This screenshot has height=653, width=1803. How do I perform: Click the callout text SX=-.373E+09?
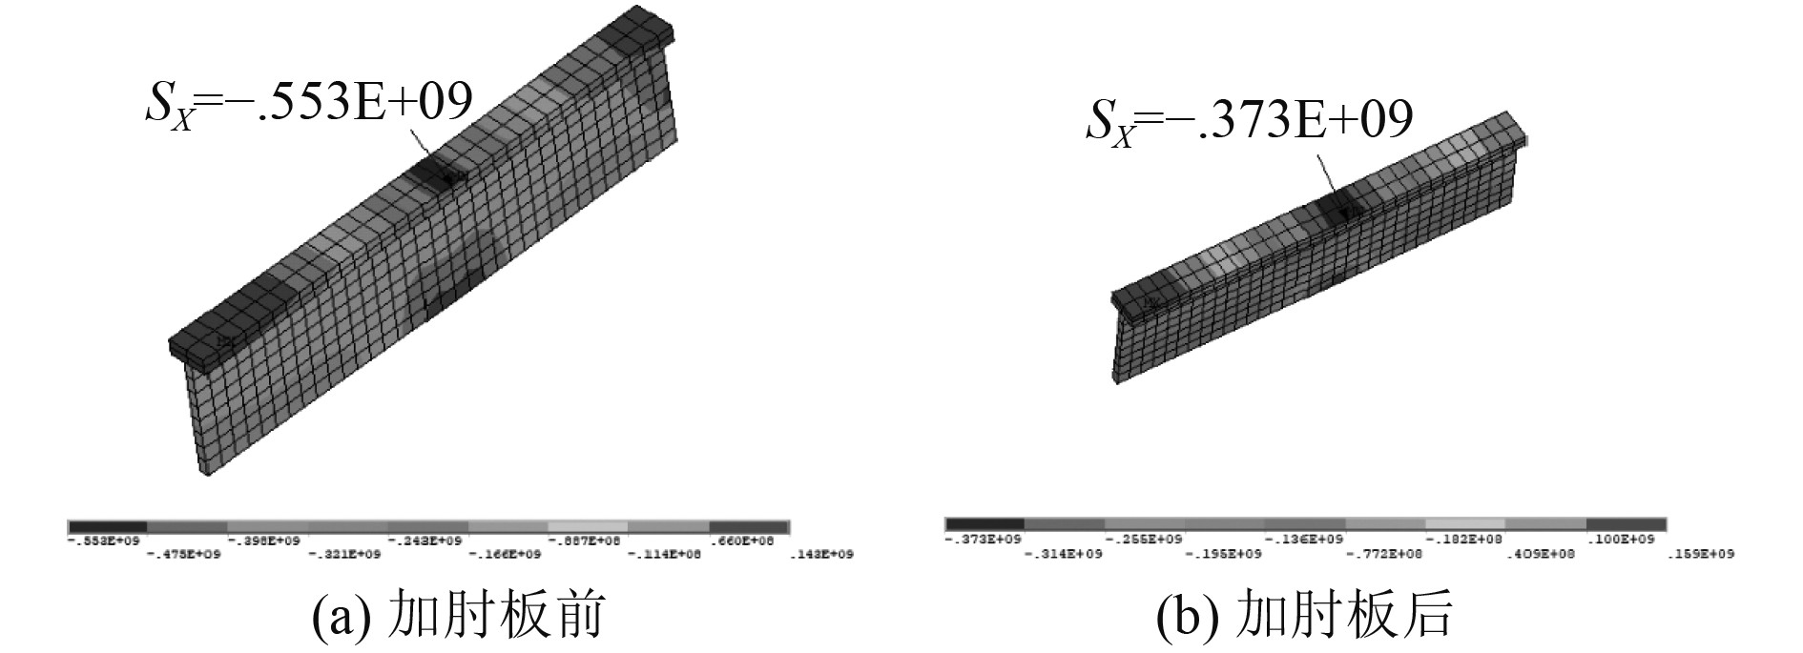point(1249,122)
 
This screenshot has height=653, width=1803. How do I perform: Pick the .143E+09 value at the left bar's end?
point(821,555)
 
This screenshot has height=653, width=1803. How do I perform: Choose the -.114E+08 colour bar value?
point(667,555)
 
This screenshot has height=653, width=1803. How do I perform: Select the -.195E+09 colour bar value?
point(1223,554)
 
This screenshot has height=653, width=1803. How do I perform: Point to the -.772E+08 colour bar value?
point(1383,554)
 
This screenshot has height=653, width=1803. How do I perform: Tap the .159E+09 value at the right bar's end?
point(1701,554)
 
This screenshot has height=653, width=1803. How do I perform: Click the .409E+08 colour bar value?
point(1544,554)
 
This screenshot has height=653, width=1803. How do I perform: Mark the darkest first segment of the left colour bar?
point(108,527)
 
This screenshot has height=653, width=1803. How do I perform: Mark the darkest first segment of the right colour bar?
point(984,524)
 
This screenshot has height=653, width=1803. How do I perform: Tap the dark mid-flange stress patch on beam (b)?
point(1340,205)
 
